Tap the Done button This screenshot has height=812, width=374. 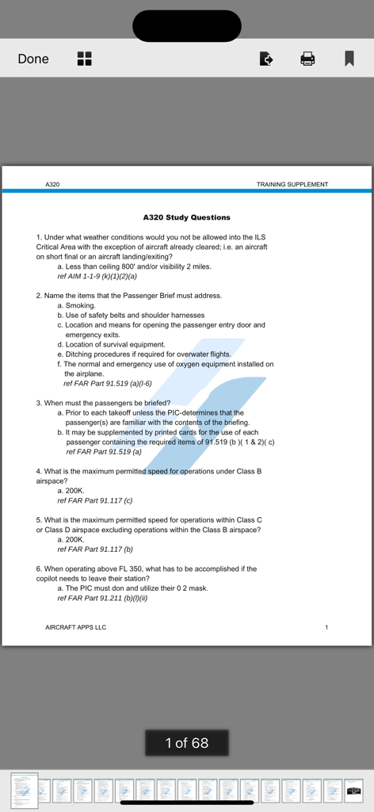pyautogui.click(x=33, y=59)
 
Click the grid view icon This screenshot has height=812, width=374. pyautogui.click(x=84, y=59)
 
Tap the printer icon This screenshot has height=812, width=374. pyautogui.click(x=307, y=59)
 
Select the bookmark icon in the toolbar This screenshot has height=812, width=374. pyautogui.click(x=349, y=59)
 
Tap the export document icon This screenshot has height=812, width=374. pyautogui.click(x=266, y=59)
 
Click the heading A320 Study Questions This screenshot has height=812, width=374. pyautogui.click(x=187, y=217)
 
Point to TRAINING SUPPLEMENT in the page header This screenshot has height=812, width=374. pyautogui.click(x=292, y=185)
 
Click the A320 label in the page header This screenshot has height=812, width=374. pyautogui.click(x=52, y=185)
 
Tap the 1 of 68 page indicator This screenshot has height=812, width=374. pyautogui.click(x=187, y=743)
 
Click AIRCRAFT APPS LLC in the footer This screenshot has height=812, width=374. pyautogui.click(x=76, y=627)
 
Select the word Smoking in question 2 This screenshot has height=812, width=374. pyautogui.click(x=80, y=305)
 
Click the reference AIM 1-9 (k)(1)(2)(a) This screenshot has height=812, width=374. pyautogui.click(x=97, y=277)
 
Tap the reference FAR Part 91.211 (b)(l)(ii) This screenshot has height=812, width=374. pyautogui.click(x=102, y=598)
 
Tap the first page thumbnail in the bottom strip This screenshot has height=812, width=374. pyautogui.click(x=25, y=791)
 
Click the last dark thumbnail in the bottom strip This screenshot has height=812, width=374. pyautogui.click(x=353, y=791)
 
